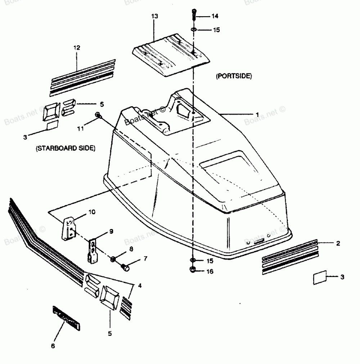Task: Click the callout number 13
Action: tap(154, 16)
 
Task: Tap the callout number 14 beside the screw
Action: tap(215, 16)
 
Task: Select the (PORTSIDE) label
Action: tap(234, 76)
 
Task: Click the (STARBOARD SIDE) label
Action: tap(66, 148)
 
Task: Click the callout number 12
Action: tap(77, 48)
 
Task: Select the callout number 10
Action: tap(92, 212)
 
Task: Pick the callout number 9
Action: tap(111, 231)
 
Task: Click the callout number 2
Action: tap(338, 243)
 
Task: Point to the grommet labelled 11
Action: tap(98, 115)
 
